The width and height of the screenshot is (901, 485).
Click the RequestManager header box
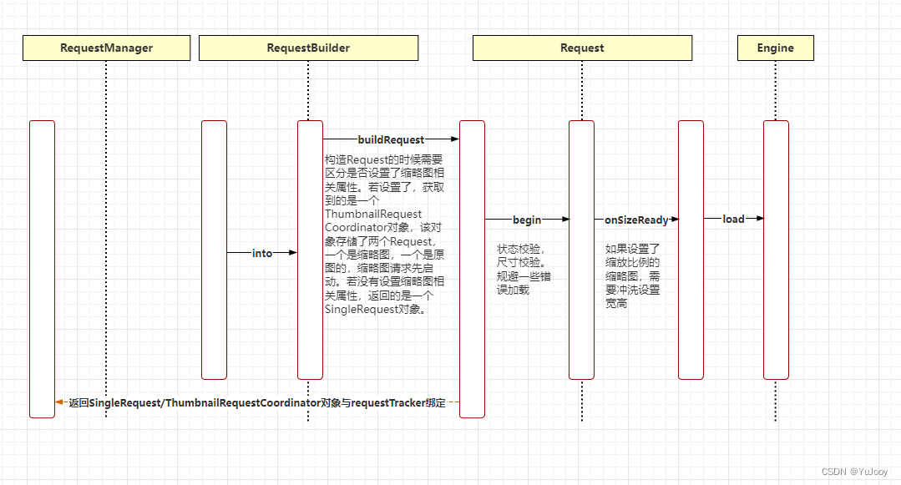coord(106,48)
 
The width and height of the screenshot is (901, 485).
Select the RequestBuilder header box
coord(308,48)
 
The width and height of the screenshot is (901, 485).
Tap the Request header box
coord(582,48)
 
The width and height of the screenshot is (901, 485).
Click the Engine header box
coord(775,48)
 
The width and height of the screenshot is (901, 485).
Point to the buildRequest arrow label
coord(391,139)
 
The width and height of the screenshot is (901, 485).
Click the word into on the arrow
coord(262,253)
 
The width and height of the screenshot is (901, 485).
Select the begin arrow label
coord(527,220)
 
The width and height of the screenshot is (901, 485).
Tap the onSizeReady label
coord(636,220)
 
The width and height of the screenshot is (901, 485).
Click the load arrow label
coord(733,219)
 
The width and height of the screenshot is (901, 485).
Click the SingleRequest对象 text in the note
coord(376,309)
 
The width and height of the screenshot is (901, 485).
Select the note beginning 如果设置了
coord(632,275)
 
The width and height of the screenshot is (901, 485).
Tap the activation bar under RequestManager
coord(42,267)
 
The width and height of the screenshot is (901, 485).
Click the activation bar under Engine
coord(776,250)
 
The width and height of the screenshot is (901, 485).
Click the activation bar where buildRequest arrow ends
coord(472,267)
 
